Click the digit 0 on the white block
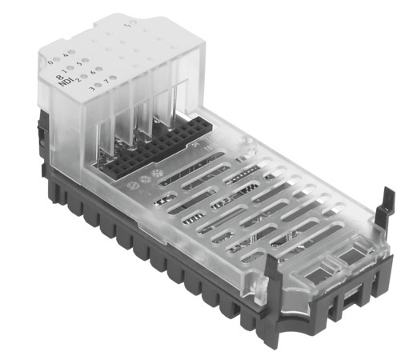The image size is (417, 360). (51, 61)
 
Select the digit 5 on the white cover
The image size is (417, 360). (79, 63)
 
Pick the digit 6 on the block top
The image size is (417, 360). (94, 72)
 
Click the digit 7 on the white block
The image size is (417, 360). (108, 80)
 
